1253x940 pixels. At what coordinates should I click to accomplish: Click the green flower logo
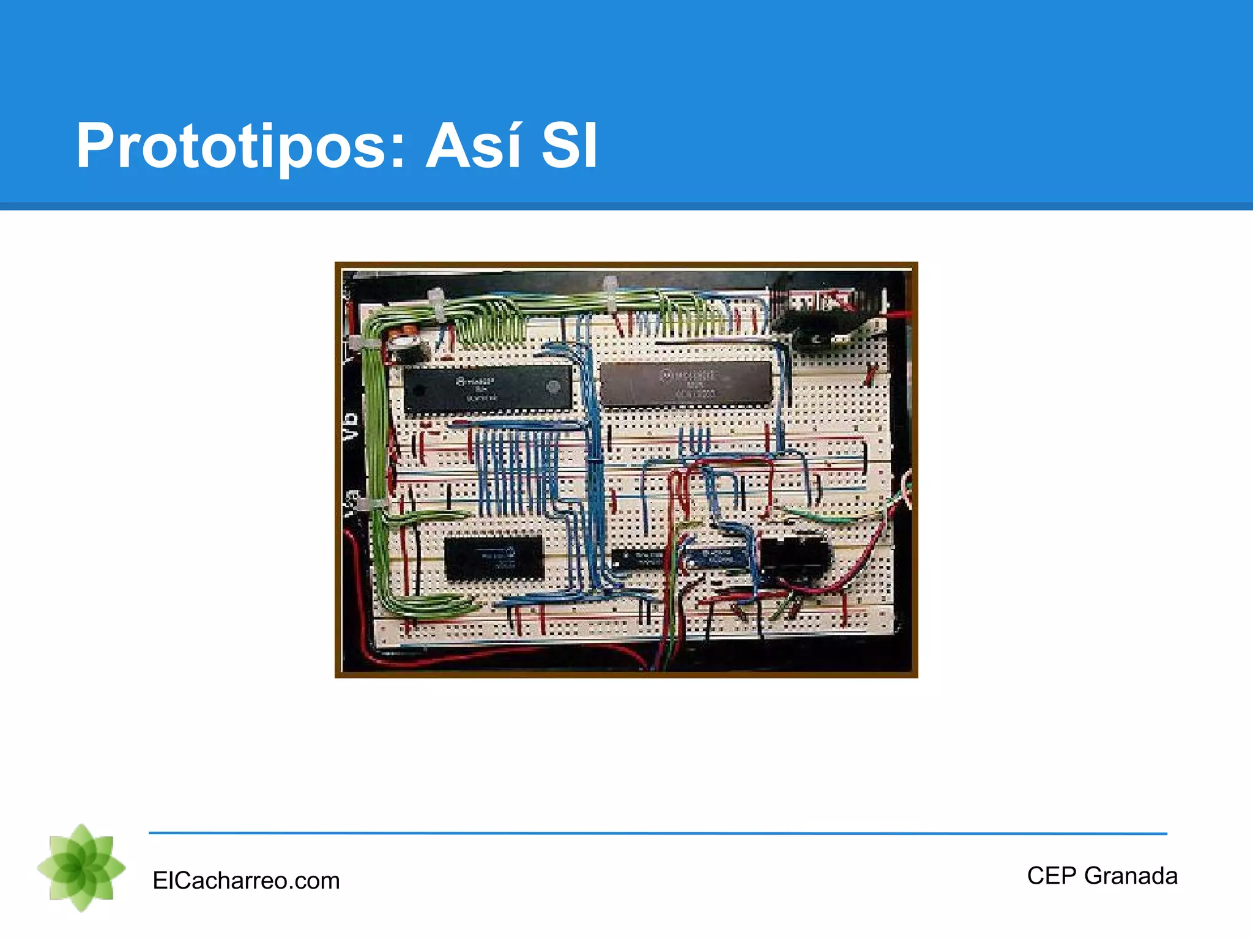(81, 867)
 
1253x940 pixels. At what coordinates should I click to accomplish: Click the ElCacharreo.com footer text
(246, 881)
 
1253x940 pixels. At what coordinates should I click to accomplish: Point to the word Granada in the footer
(1131, 876)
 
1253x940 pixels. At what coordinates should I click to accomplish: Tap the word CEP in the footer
(1051, 876)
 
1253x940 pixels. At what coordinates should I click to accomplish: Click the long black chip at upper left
(488, 389)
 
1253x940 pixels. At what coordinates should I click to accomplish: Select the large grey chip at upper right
(686, 383)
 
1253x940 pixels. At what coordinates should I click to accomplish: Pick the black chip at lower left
(493, 558)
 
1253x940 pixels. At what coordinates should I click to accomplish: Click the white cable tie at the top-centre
(610, 294)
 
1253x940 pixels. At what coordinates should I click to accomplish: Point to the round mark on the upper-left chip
(552, 387)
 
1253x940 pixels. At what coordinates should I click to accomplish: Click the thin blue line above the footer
(658, 833)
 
